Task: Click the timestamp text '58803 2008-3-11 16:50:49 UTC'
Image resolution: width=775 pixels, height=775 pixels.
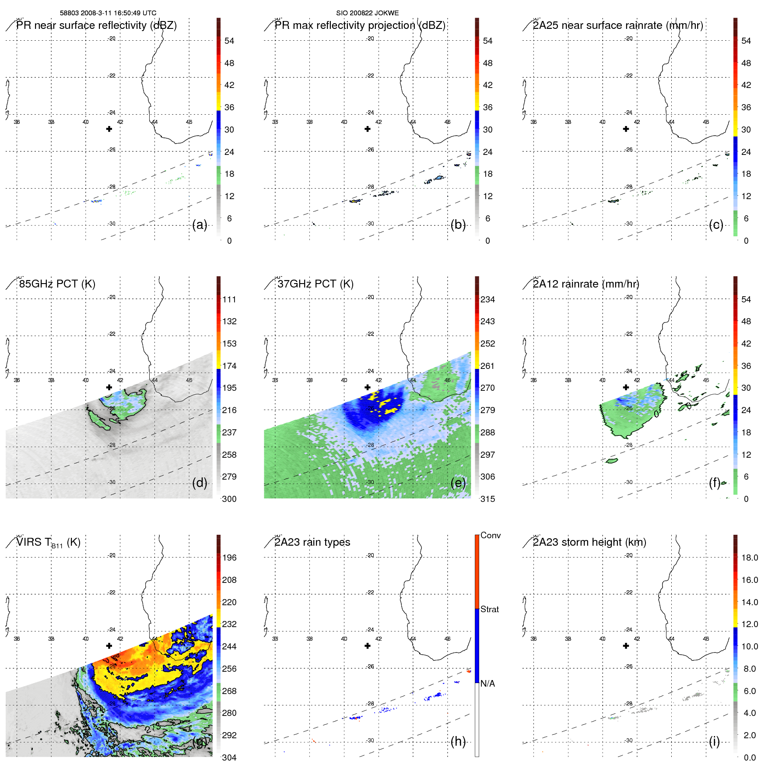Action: coord(108,13)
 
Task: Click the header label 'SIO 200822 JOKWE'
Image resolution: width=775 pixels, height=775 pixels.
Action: coord(367,13)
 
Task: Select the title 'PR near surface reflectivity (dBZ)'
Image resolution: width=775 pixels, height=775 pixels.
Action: coord(96,25)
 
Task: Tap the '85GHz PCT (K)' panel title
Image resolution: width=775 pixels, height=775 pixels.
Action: coord(57,284)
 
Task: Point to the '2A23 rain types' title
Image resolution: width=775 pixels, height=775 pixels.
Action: coord(312,542)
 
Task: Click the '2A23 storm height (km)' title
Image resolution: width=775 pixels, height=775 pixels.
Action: coord(589,542)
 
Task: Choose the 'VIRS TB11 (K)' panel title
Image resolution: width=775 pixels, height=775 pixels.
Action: coord(48,543)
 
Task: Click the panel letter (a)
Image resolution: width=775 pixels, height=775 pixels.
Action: coord(200,225)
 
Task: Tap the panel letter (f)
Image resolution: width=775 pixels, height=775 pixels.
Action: coord(715,483)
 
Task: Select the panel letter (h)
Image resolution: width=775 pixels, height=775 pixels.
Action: coord(458,741)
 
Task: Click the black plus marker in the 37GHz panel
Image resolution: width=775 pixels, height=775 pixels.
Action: coord(368,387)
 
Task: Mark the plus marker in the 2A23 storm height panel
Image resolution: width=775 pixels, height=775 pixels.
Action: coord(626,646)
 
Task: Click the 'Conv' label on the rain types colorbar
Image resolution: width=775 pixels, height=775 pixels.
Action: coord(491,535)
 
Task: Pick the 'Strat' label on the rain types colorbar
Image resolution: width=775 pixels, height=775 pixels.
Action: coord(490,609)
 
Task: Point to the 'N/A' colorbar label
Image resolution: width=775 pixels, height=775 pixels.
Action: coord(487,684)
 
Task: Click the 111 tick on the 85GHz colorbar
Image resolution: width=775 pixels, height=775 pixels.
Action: coord(229,299)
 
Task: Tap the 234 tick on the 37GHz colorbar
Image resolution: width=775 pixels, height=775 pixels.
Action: coord(487,299)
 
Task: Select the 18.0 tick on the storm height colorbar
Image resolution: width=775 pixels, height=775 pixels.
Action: coord(750,558)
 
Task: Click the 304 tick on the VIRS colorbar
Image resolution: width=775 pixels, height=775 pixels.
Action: coord(229,757)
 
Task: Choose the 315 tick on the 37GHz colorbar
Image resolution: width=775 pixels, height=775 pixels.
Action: coord(487,499)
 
